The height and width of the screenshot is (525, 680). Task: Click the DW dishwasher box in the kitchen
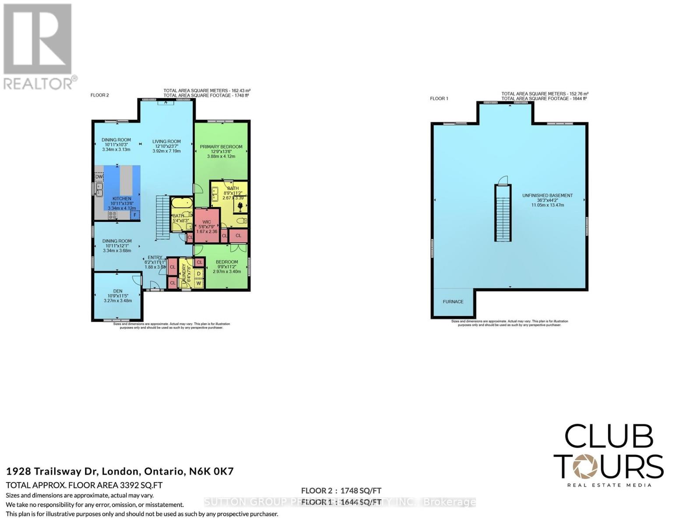(x=99, y=177)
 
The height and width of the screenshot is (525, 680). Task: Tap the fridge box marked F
(x=135, y=215)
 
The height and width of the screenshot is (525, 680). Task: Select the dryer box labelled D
(x=198, y=274)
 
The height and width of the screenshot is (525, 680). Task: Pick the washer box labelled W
(x=198, y=283)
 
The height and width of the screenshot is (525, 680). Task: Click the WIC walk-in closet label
(x=207, y=222)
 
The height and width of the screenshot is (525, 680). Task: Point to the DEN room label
(x=117, y=291)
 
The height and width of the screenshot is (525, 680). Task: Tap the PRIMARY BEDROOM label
(x=221, y=147)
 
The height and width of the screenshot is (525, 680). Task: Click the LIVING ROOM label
(x=166, y=142)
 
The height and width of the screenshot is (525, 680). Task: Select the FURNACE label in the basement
(x=453, y=302)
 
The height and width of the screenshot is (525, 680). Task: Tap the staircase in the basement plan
(x=503, y=213)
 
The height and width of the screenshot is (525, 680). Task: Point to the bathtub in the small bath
(x=181, y=203)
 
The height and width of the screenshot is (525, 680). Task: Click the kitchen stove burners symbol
(x=113, y=215)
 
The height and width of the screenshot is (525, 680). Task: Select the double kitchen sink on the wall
(x=99, y=189)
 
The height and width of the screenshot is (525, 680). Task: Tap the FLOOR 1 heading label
(x=439, y=99)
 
